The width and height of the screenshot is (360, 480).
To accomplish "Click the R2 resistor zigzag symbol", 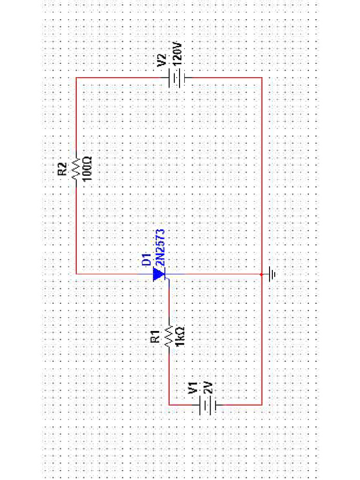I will click(76, 169).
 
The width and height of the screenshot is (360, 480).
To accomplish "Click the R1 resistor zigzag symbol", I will click(169, 336).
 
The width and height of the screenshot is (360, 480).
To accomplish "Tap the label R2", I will click(62, 169).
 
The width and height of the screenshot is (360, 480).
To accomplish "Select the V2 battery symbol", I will click(178, 78).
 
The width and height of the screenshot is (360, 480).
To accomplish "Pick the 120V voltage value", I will click(177, 53).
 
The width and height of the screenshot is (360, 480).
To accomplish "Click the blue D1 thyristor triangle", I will click(160, 274).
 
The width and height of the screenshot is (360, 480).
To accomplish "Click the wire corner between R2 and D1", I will click(76, 274).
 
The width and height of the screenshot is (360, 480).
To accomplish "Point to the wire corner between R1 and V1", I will click(169, 404).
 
